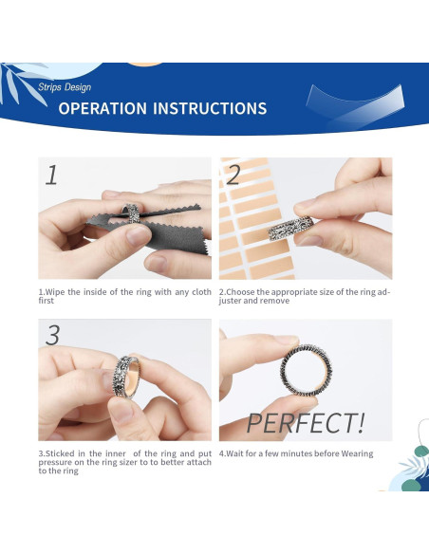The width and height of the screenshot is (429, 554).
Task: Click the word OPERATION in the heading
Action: [103, 108]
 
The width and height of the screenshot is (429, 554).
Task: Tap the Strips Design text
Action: [65, 87]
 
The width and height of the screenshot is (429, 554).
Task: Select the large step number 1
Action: [51, 175]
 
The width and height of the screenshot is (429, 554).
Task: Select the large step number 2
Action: [233, 175]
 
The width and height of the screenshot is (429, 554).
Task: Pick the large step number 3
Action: [52, 335]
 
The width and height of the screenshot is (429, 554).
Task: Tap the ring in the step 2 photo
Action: [290, 229]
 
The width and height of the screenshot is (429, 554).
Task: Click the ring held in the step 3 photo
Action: [126, 377]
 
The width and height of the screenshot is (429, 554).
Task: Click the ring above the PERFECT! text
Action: [306, 370]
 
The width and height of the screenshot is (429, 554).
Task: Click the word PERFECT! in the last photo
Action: [306, 423]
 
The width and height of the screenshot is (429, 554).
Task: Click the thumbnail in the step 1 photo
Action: [139, 236]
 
